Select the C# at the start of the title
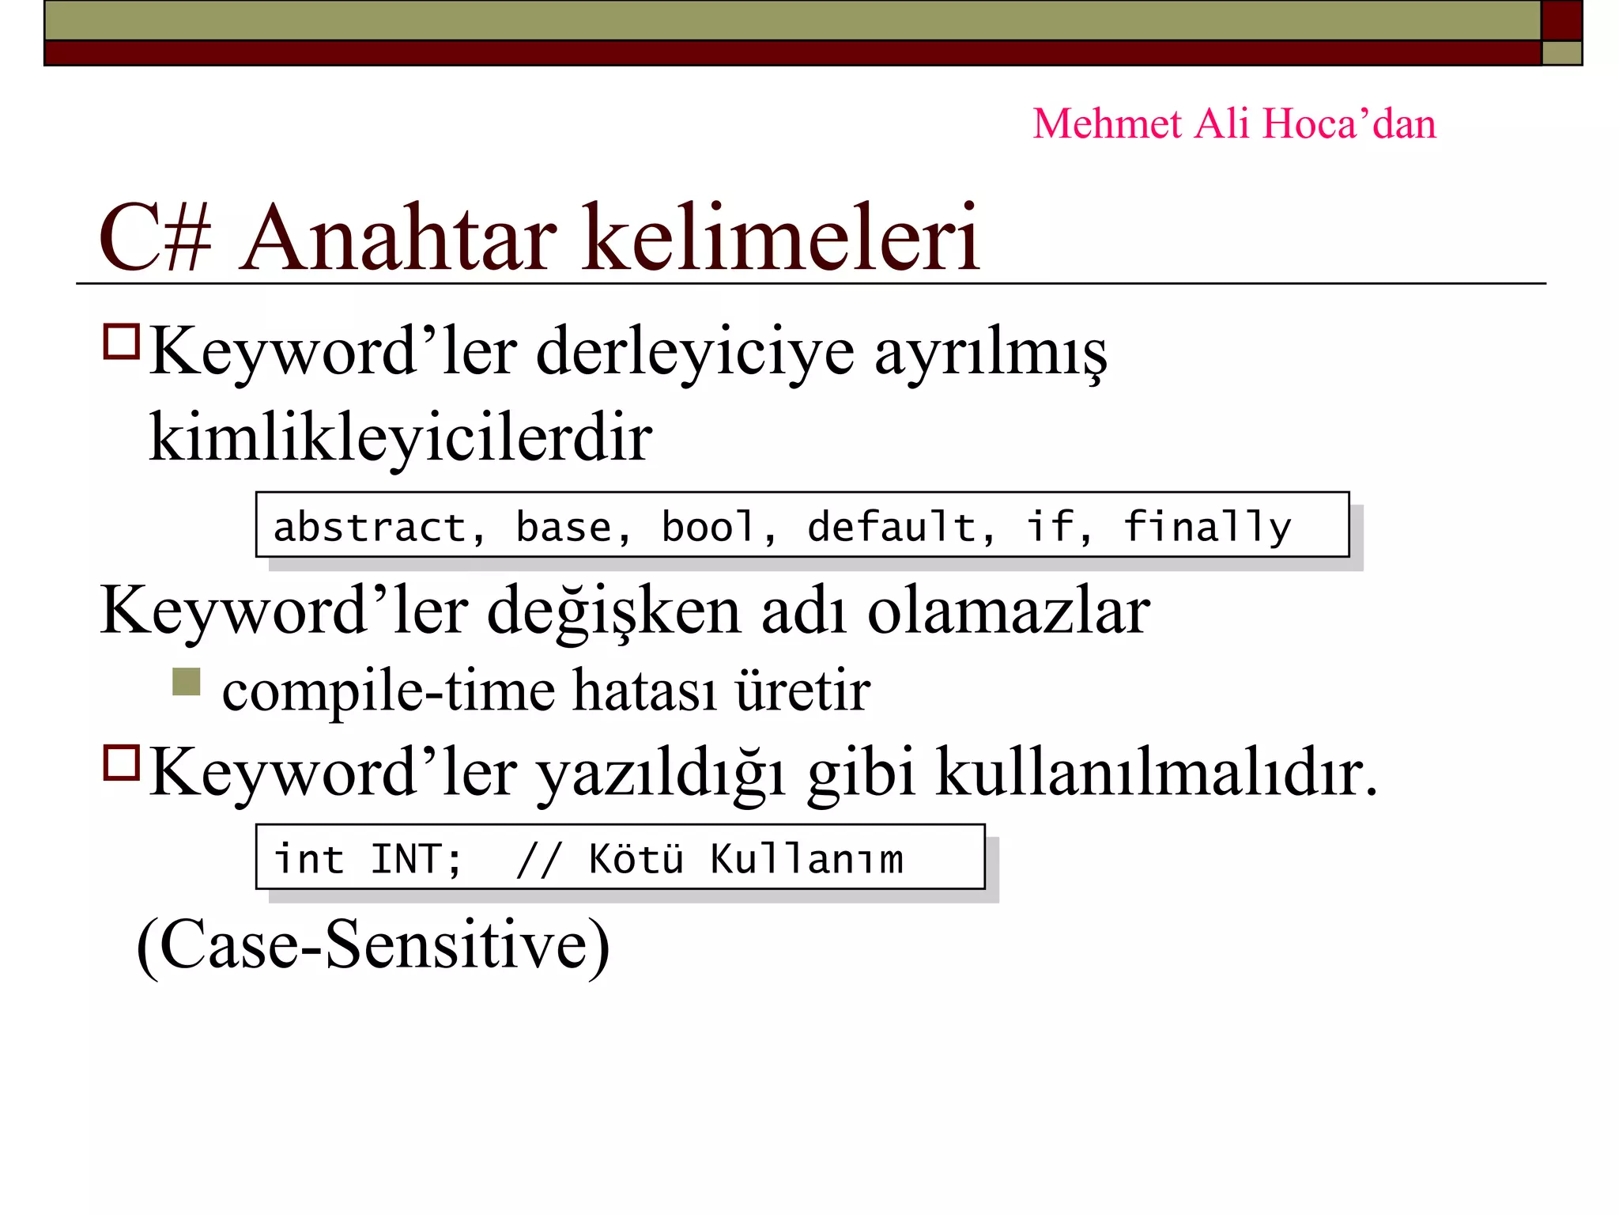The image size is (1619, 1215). coord(155,238)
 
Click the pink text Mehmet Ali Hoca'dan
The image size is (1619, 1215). coord(1234,124)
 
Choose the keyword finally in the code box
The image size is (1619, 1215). coord(1207,527)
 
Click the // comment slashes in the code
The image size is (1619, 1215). coord(538,859)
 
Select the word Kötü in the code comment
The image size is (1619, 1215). coord(636,859)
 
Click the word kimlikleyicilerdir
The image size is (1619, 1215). coord(400,437)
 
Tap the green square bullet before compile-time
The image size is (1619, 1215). coord(187,682)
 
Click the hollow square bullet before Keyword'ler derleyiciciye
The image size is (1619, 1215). coord(122,342)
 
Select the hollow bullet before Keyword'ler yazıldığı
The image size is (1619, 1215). coord(122,763)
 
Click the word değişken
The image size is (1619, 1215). coord(613,613)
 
